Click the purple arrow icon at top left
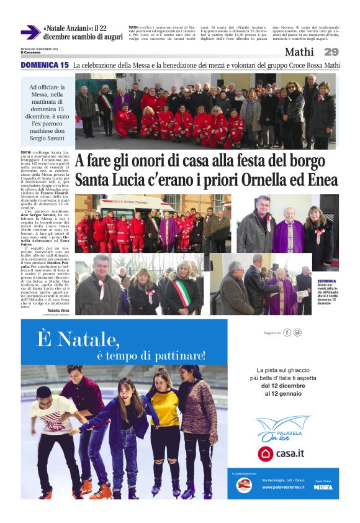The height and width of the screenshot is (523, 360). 29,32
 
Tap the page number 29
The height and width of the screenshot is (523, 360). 331,52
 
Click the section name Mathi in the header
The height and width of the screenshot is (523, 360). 300,52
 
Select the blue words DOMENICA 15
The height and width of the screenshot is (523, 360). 45,65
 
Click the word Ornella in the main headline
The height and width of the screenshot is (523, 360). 273,181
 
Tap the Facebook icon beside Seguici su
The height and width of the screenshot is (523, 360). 287,332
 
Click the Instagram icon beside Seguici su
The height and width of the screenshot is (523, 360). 297,332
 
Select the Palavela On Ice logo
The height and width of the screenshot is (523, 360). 282,428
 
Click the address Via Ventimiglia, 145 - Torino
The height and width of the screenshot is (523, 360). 283,480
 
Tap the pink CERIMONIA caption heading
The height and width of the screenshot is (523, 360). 326,281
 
